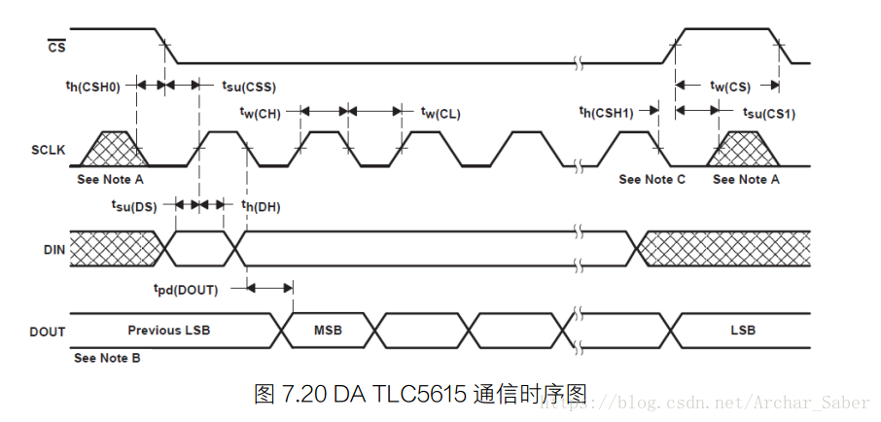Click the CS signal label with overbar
point(55,46)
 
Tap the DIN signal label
point(54,250)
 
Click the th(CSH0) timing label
point(92,87)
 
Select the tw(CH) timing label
point(260,113)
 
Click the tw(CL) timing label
point(440,113)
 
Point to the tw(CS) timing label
point(730,87)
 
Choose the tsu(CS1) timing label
point(768,113)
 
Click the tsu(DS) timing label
point(133,205)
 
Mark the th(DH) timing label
point(261,205)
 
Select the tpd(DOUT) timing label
point(185,289)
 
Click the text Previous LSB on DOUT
point(169,331)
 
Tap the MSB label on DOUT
point(328,331)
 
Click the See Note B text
point(108,358)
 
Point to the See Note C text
point(652,179)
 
